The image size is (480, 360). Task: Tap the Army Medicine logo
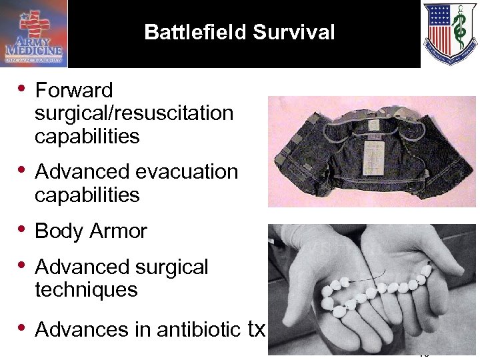(34, 33)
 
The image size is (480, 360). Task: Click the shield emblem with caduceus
(450, 33)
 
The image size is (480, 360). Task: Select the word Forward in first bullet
(74, 90)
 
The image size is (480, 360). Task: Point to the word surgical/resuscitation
(134, 113)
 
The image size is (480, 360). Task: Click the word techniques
(86, 290)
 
